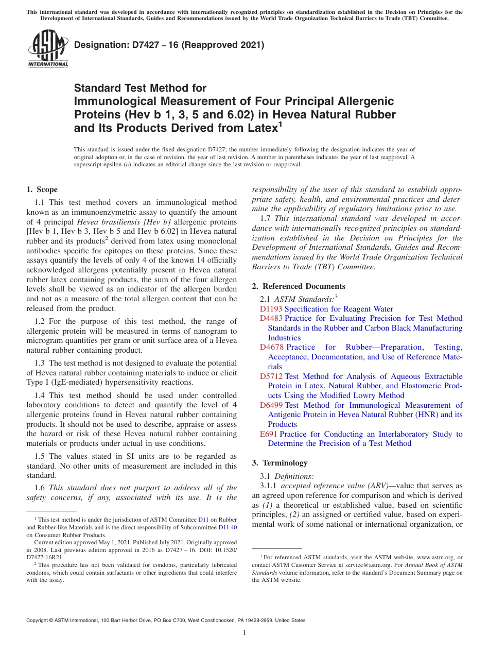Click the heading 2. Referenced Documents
tap(299, 286)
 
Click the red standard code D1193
tap(271, 309)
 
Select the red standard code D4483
tap(271, 319)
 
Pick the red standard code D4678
tap(271, 348)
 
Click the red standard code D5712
tap(271, 376)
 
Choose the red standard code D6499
tap(271, 405)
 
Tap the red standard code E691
tap(269, 434)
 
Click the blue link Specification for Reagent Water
tap(339, 309)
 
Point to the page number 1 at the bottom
tap(244, 633)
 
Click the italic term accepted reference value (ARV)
tap(335, 486)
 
